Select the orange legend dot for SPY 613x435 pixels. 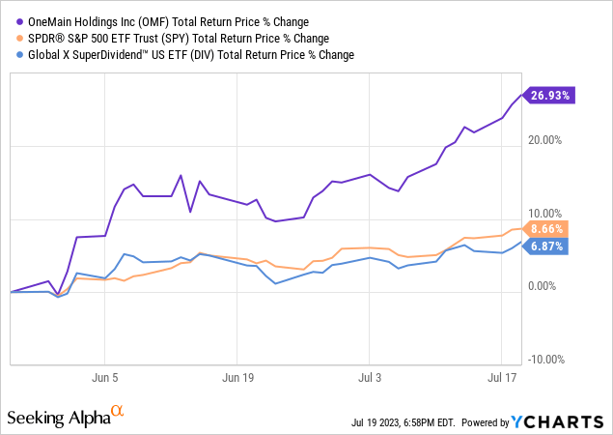point(14,39)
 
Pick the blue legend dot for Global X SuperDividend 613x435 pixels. point(14,55)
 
